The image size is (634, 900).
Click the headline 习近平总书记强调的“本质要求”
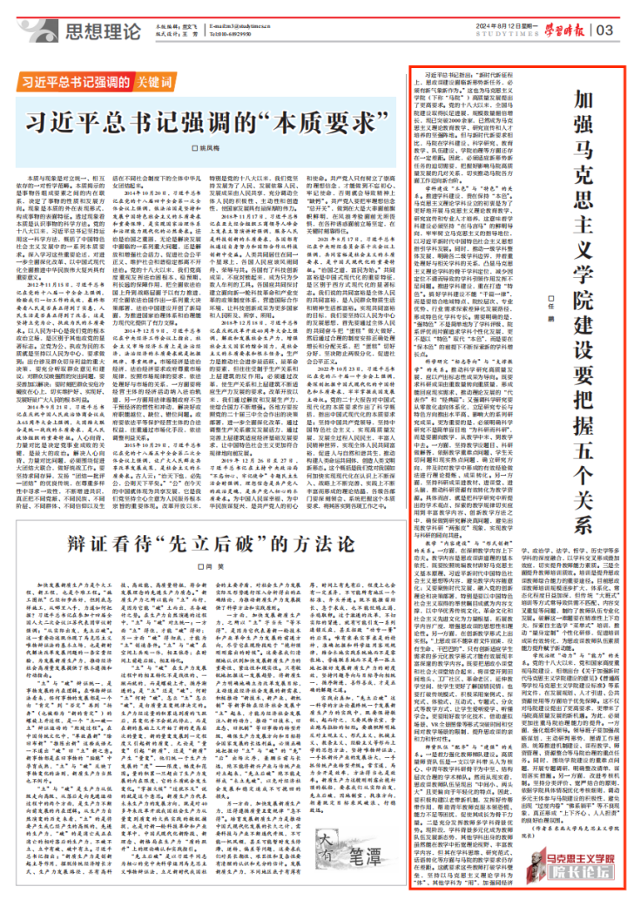tap(208, 118)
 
